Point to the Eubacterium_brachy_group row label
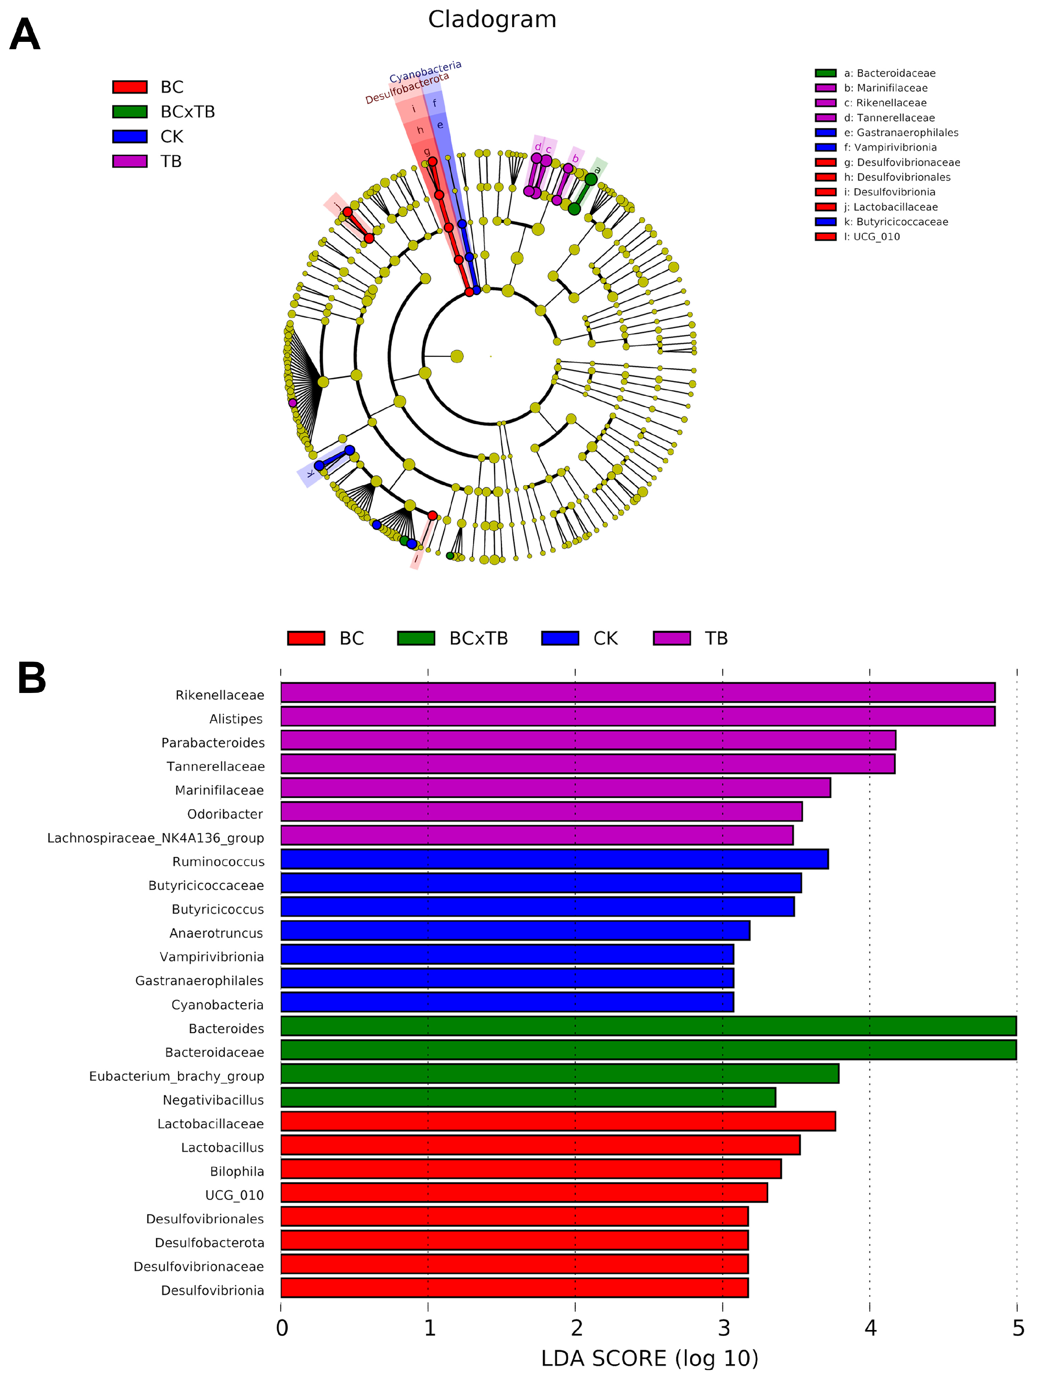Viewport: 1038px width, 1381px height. [x=176, y=1076]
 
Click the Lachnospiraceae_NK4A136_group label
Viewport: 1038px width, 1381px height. [x=155, y=838]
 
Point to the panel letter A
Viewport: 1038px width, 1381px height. [x=25, y=35]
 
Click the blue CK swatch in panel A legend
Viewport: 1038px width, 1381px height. [x=129, y=136]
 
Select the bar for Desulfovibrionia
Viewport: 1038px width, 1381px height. [x=514, y=1288]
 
